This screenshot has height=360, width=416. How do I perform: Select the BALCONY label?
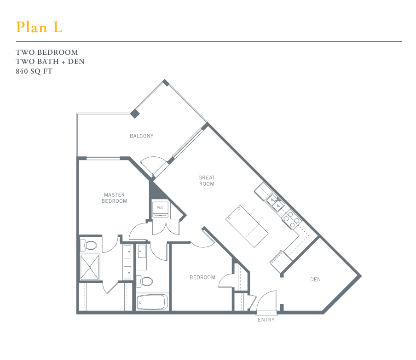[x=141, y=136]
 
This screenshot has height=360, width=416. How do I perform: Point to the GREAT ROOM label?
[x=207, y=181]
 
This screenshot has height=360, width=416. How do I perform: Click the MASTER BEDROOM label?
[x=115, y=198]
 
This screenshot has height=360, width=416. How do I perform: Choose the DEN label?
[x=315, y=280]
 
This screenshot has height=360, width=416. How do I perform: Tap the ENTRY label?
[x=266, y=320]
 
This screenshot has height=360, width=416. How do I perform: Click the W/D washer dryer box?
[x=160, y=208]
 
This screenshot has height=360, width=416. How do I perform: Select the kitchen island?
[x=247, y=226]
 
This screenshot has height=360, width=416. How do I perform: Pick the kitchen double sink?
[x=276, y=202]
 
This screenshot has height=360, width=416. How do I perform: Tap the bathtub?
[x=151, y=302]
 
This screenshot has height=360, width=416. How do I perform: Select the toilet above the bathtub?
[x=146, y=280]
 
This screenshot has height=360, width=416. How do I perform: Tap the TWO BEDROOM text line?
[x=47, y=52]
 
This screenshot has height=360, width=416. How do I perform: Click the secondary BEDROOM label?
[x=202, y=277]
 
